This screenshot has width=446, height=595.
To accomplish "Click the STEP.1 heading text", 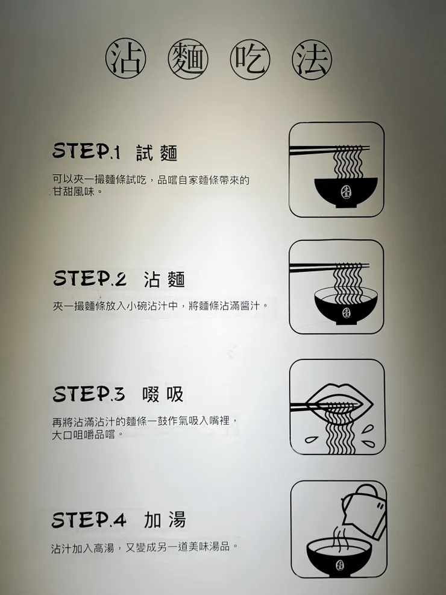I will point(87,152).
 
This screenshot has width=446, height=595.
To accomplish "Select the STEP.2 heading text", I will point(90,279).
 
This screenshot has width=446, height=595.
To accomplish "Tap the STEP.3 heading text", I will point(89,394).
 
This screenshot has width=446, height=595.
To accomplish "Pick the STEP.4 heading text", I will point(89,520).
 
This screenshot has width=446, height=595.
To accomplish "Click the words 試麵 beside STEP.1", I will point(157,153).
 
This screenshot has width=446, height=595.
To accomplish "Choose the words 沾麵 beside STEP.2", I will point(164,280).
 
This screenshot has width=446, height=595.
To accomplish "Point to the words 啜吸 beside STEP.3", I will point(163,395).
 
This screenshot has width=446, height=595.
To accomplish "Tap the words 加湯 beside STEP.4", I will point(165,520).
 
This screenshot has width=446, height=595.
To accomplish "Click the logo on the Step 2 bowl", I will point(346,312).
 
